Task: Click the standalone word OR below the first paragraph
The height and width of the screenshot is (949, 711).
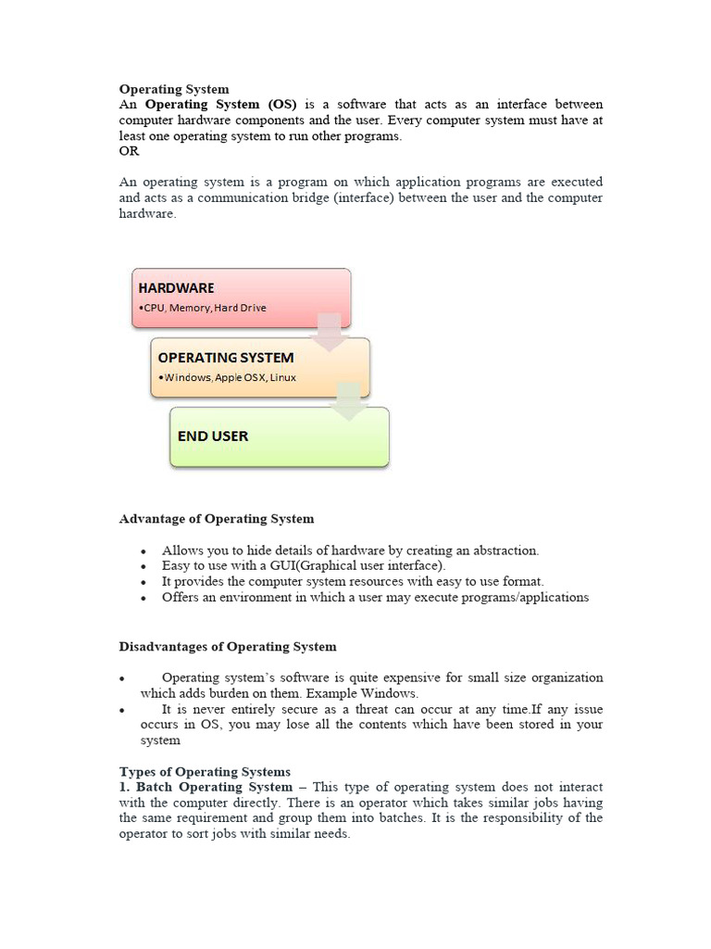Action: click(x=129, y=151)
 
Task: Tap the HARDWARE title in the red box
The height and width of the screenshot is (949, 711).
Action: click(x=176, y=288)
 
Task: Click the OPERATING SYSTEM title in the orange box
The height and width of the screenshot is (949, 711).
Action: click(x=225, y=358)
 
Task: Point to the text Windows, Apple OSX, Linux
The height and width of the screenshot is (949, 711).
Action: click(x=228, y=377)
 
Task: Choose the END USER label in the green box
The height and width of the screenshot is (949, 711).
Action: click(x=213, y=436)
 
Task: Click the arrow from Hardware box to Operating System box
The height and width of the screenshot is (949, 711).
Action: click(x=328, y=334)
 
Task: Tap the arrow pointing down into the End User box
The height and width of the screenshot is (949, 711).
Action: click(x=348, y=402)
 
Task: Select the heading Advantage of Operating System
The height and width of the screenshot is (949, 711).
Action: click(x=217, y=519)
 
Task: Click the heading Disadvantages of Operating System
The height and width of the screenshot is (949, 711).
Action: click(x=228, y=646)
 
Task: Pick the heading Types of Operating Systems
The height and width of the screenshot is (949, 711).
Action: click(x=205, y=771)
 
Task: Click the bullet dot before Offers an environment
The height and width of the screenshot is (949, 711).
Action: click(x=143, y=599)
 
